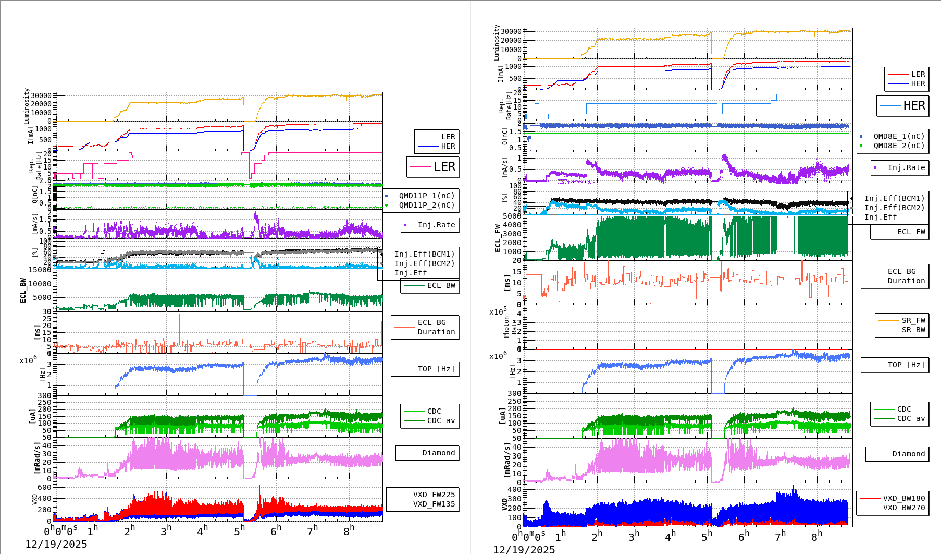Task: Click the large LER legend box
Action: (x=433, y=167)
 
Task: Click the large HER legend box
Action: (x=903, y=106)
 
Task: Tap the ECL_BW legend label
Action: (x=441, y=285)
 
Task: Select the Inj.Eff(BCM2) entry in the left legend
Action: (x=424, y=263)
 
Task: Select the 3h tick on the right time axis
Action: (x=633, y=536)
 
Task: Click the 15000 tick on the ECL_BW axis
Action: (x=40, y=270)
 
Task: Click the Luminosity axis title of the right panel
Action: (x=497, y=43)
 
